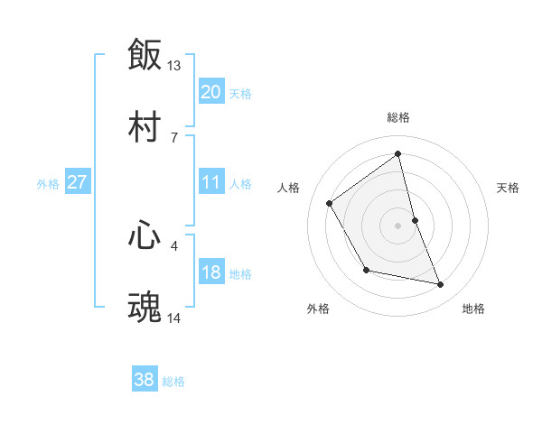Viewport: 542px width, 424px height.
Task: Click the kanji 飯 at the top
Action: point(145,55)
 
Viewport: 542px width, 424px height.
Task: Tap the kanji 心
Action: point(145,235)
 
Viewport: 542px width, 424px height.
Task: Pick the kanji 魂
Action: point(145,307)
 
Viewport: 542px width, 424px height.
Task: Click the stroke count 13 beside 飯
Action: point(174,66)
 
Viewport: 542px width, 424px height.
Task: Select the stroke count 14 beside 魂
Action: point(174,318)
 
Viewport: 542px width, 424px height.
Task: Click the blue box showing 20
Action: point(211,92)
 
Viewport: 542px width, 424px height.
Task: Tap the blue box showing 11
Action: point(211,182)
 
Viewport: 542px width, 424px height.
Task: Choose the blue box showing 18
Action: point(211,272)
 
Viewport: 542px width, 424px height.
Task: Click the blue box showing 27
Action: point(77,182)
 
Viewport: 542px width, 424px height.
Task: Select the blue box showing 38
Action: point(145,380)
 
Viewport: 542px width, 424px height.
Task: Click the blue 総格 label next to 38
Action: point(173,382)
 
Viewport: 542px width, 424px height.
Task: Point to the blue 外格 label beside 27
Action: point(48,184)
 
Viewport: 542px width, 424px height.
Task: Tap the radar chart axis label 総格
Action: point(398,117)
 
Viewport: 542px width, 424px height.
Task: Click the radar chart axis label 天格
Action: point(508,188)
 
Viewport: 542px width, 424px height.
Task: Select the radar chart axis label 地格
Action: point(473,309)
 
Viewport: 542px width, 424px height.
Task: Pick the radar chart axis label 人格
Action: point(289,188)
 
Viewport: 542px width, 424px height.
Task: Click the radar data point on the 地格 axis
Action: point(441,285)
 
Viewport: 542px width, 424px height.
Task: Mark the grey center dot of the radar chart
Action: point(398,225)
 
